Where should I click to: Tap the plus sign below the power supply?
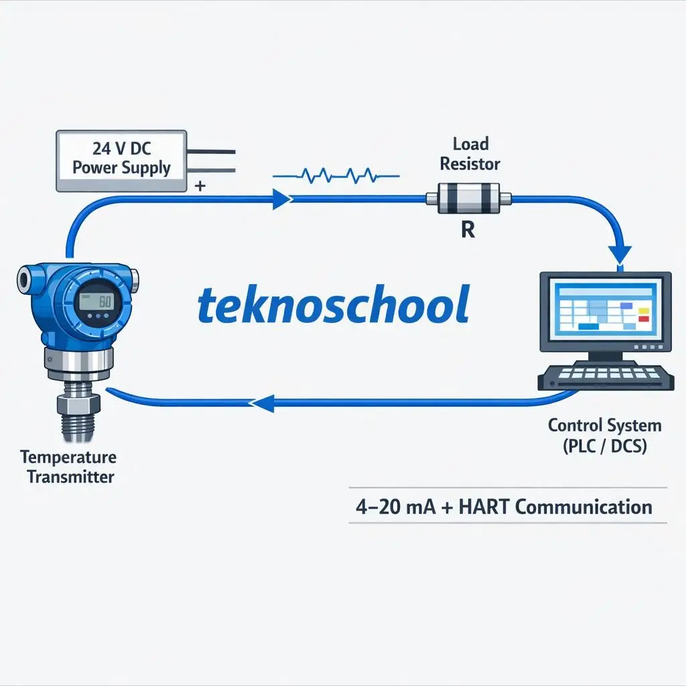point(199,186)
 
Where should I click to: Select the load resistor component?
point(469,198)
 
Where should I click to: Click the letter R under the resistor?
point(468,230)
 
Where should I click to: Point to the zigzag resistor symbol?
point(335,176)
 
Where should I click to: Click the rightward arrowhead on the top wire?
point(281,199)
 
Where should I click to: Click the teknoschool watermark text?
point(334,305)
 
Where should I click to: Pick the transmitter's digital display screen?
point(95,301)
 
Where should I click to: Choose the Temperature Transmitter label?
point(68,467)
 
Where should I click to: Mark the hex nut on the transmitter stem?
point(78,404)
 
